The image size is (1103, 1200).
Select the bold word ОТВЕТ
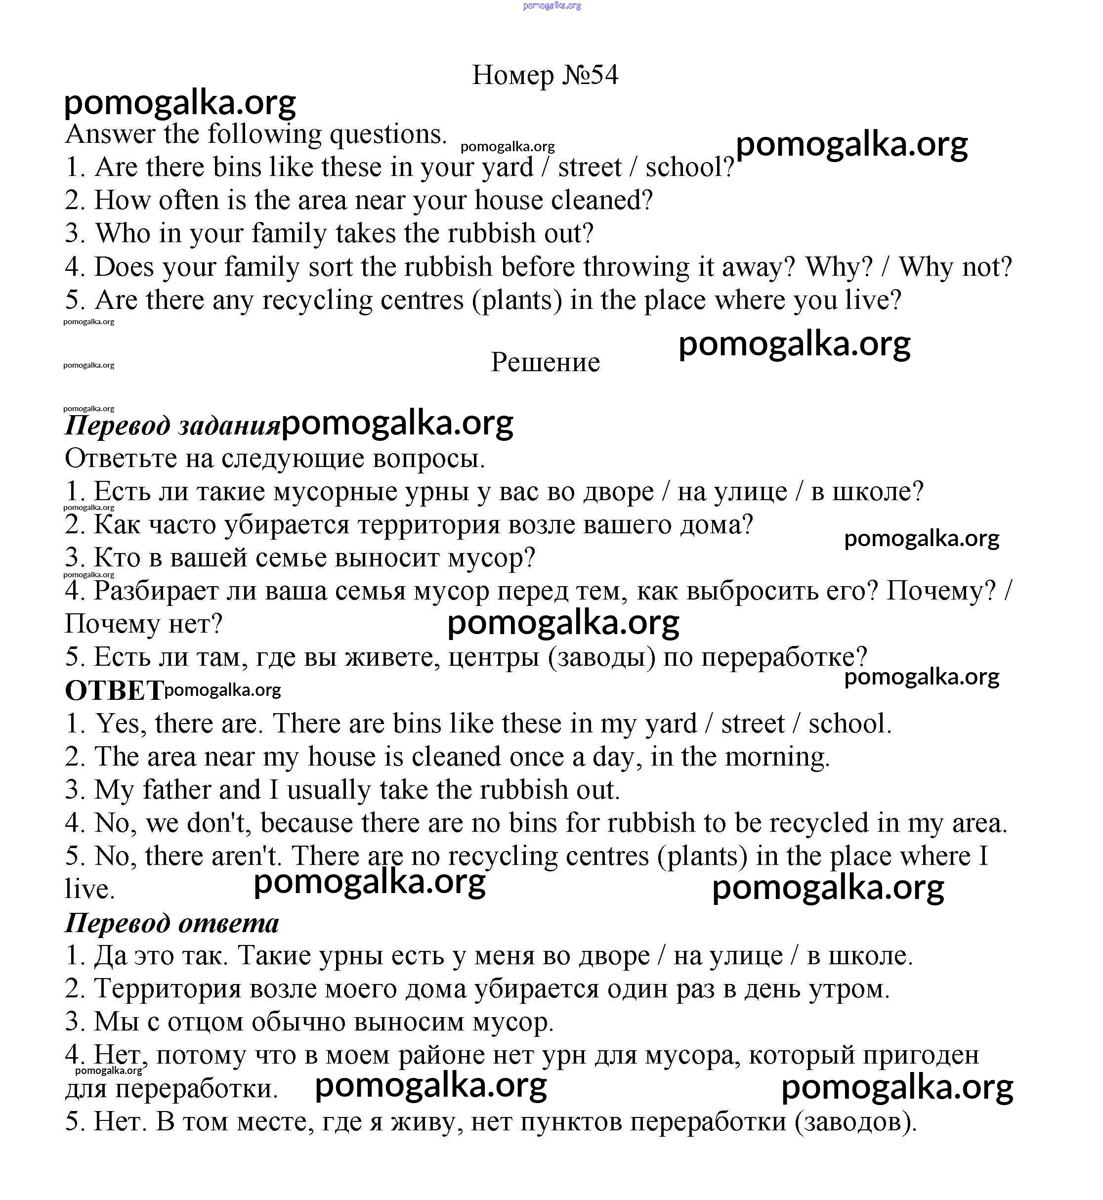(113, 691)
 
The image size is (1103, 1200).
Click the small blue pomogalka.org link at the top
(551, 5)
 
